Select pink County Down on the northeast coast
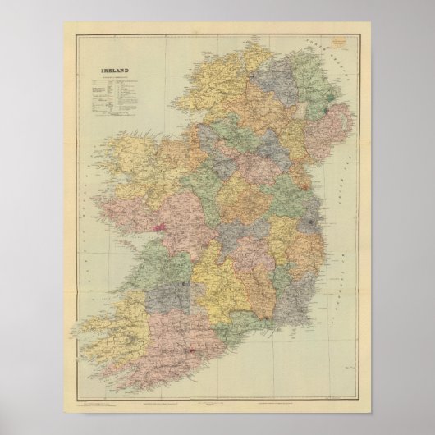click(332, 131)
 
